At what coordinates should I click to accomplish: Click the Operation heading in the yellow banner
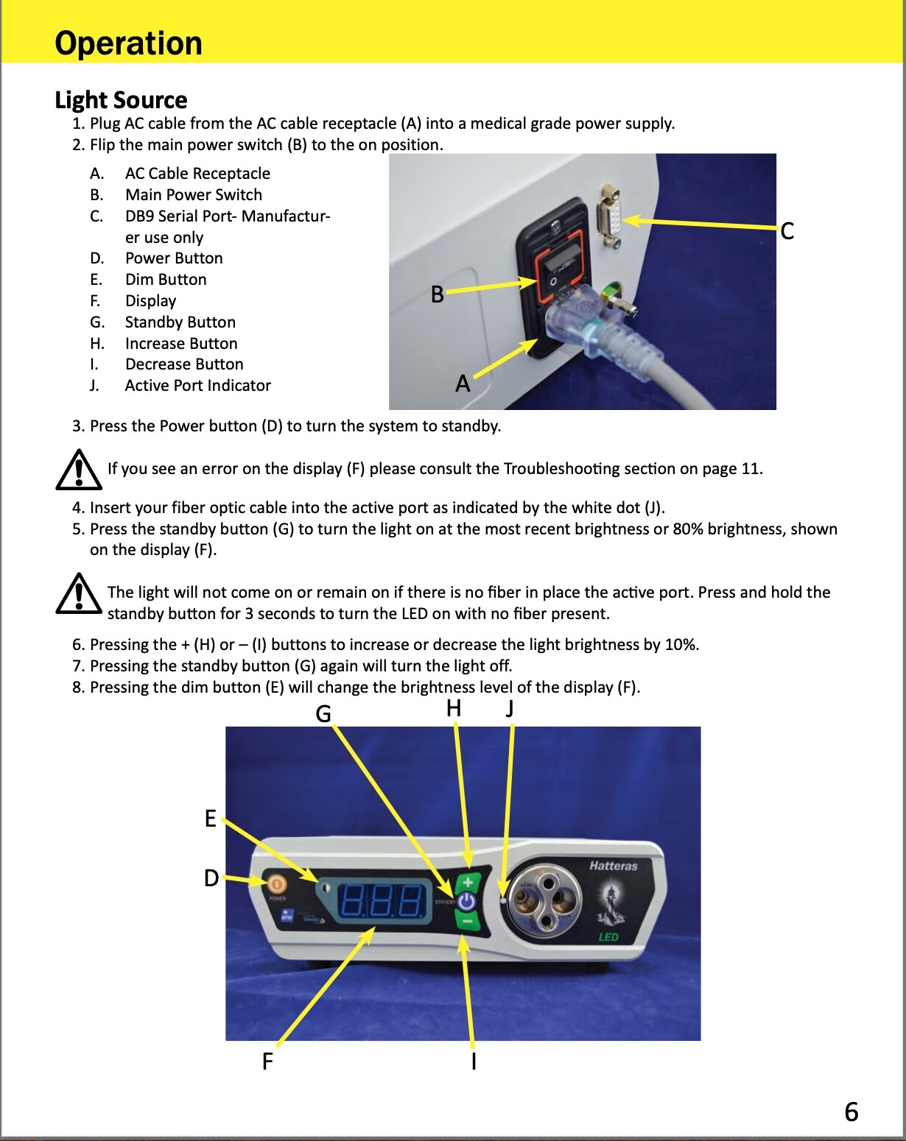pos(128,43)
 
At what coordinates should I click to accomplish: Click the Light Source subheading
pos(121,99)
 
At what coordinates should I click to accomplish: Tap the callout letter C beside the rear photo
pos(787,231)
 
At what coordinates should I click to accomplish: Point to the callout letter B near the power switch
pos(437,294)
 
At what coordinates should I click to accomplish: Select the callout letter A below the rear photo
pos(462,384)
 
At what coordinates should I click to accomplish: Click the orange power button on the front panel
pos(275,883)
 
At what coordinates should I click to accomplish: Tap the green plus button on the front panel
pos(467,881)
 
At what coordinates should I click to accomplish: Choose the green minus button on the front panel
pos(466,921)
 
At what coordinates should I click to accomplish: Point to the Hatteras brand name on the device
pos(613,866)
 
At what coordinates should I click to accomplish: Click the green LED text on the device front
pos(608,937)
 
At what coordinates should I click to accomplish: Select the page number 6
pos(851,1111)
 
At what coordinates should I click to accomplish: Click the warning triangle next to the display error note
pos(78,470)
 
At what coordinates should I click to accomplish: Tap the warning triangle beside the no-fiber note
pos(78,595)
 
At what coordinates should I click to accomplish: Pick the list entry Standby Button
pos(180,322)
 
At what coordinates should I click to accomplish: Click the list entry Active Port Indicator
pos(197,386)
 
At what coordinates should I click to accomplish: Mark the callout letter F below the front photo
pos(267,1061)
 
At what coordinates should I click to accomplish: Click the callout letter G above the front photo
pos(323,713)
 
